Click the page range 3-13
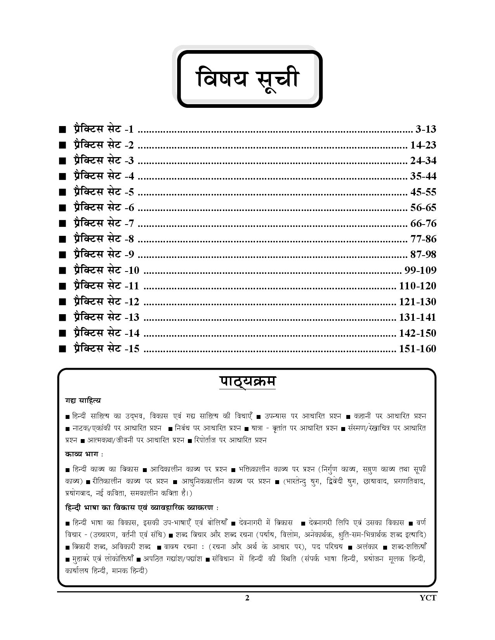tap(426, 130)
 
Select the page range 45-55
tap(423, 192)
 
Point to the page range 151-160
tap(417, 349)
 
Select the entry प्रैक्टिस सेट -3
tap(103, 161)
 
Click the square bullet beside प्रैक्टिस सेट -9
tap(62, 255)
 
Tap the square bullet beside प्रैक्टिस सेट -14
tap(62, 334)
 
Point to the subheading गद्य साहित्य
tap(83, 400)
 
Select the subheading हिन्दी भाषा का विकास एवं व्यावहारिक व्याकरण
tap(141, 507)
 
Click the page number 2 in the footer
tap(247, 598)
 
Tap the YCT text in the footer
tap(428, 598)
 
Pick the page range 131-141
tap(417, 317)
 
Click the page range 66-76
tap(423, 223)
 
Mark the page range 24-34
tap(423, 161)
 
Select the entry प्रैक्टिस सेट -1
tap(103, 130)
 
